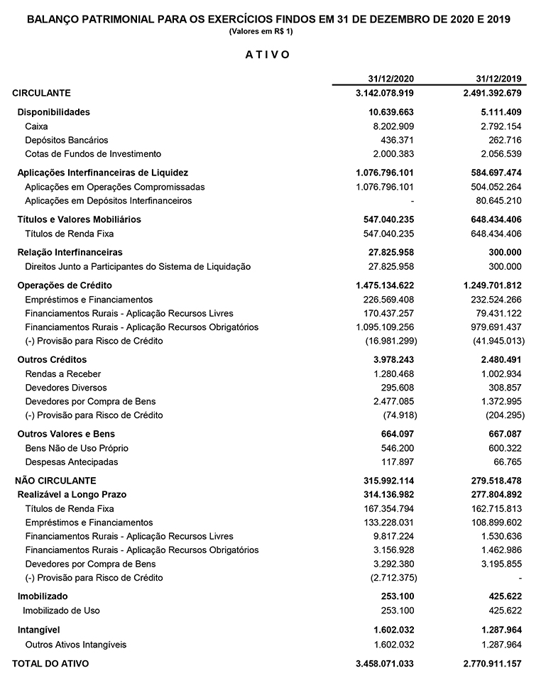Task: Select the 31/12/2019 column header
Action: tap(498, 78)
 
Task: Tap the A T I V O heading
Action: tap(268, 55)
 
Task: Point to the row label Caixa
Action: tap(36, 126)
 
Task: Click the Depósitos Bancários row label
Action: tap(67, 140)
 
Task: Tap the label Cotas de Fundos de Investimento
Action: tap(93, 154)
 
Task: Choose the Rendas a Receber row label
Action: tap(63, 374)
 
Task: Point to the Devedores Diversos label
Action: tap(66, 388)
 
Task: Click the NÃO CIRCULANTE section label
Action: tap(55, 481)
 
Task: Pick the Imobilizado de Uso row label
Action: tap(62, 611)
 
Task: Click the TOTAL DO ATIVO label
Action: tap(50, 664)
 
